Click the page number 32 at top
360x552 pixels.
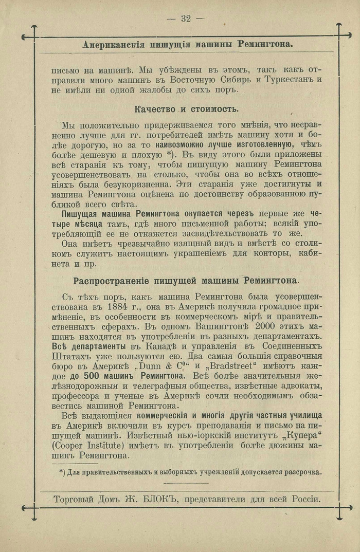click(186, 19)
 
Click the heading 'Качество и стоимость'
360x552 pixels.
click(186, 109)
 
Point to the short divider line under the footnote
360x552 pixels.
click(186, 483)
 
